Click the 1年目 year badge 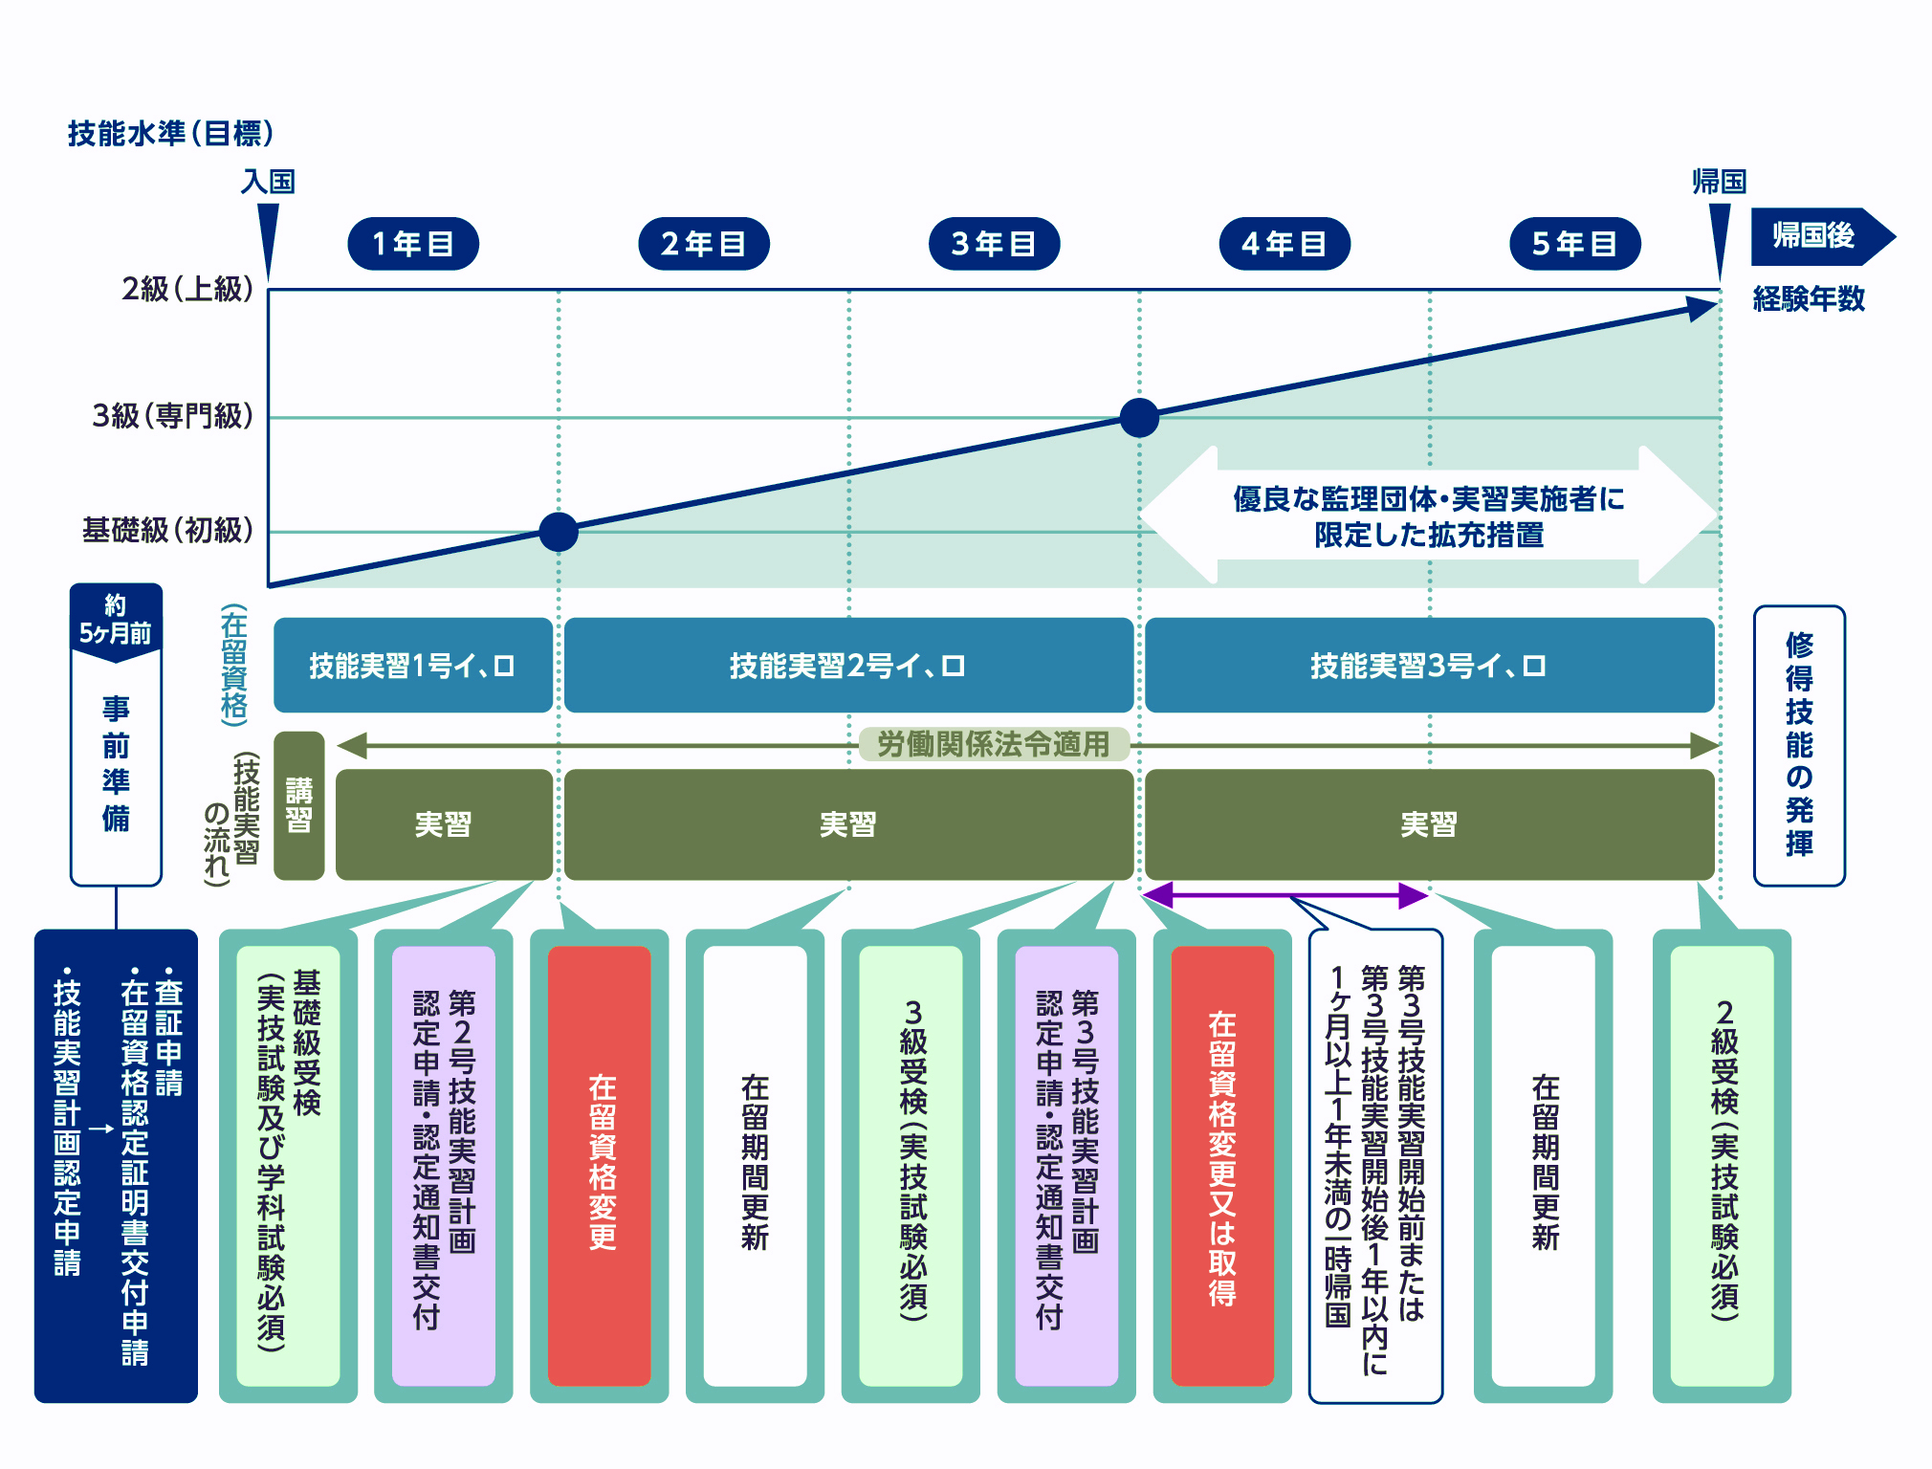tap(412, 244)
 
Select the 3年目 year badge tap(994, 244)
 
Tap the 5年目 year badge tap(1574, 244)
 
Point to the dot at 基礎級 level tap(559, 532)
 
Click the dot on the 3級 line tap(1139, 418)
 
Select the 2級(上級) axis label tap(187, 289)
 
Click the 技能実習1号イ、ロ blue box tap(412, 666)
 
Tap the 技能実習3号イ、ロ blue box tap(1429, 666)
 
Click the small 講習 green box tap(298, 805)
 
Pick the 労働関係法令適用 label tap(994, 744)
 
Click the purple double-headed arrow tap(1284, 895)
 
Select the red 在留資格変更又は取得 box tap(1221, 1165)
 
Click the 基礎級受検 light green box tap(288, 1165)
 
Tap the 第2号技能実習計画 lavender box tap(444, 1165)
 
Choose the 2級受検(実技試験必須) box tap(1722, 1165)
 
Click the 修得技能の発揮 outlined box tap(1798, 746)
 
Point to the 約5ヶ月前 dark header tap(116, 619)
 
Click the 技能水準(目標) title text tap(171, 133)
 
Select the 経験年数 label tap(1809, 299)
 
